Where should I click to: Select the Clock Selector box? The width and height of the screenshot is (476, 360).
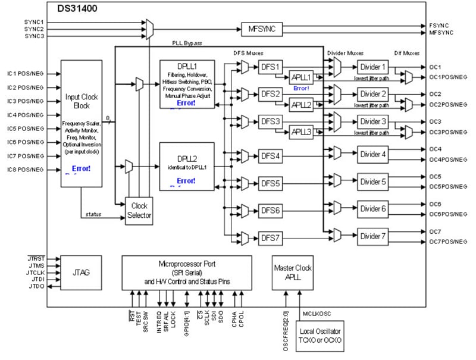(x=139, y=210)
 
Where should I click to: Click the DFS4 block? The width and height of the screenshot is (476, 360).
(x=270, y=156)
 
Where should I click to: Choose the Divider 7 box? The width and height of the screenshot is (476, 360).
(x=373, y=236)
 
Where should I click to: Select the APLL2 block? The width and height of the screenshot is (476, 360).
(x=301, y=105)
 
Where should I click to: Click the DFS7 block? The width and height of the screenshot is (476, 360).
(x=270, y=238)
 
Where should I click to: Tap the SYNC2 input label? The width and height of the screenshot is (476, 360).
(x=34, y=29)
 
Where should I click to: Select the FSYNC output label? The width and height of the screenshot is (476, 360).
(x=438, y=26)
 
